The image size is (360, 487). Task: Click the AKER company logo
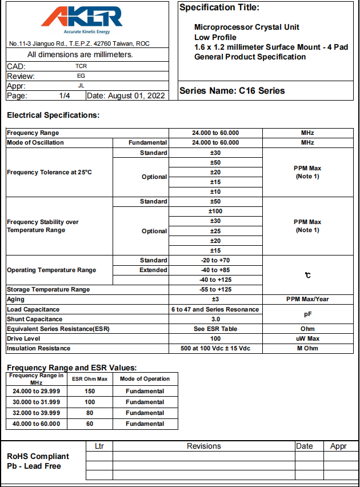tap(82, 18)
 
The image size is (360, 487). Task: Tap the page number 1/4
tap(64, 95)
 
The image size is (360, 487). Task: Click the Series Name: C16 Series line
tap(231, 91)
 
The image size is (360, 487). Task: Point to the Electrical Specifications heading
tap(53, 115)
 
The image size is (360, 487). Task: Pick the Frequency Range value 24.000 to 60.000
tap(215, 133)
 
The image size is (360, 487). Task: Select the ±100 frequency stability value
tap(215, 211)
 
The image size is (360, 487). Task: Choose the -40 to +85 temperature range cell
tap(215, 270)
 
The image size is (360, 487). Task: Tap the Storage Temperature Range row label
tap(48, 290)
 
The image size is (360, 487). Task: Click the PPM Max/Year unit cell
tap(307, 300)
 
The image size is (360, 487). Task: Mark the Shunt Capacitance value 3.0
tap(215, 319)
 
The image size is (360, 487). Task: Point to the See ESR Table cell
tap(215, 329)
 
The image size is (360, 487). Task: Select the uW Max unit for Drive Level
tap(307, 339)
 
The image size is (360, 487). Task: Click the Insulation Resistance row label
tap(39, 349)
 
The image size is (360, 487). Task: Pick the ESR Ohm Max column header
tap(89, 379)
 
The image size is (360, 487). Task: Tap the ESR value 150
tap(89, 392)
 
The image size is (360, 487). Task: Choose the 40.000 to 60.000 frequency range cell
tap(37, 424)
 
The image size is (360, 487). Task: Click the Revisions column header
tap(203, 446)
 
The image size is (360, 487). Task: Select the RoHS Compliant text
tap(38, 456)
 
